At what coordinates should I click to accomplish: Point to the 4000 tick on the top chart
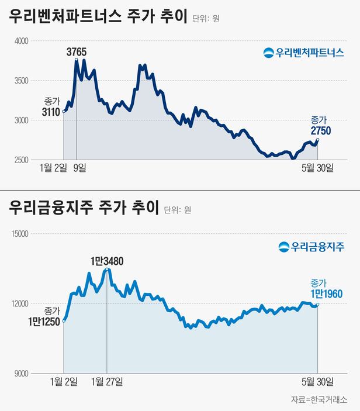pyautogui.click(x=20, y=41)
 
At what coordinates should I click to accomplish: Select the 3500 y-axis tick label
pyautogui.click(x=20, y=81)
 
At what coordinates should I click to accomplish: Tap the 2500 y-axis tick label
pyautogui.click(x=20, y=160)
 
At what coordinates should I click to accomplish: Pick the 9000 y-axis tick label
pyautogui.click(x=20, y=373)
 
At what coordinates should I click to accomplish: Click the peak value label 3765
pyautogui.click(x=77, y=52)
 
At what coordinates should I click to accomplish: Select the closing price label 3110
pyautogui.click(x=51, y=112)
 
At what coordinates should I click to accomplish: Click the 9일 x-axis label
pyautogui.click(x=80, y=168)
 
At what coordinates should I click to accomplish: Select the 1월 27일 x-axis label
pyautogui.click(x=108, y=382)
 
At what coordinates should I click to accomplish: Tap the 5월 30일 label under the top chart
pyautogui.click(x=317, y=168)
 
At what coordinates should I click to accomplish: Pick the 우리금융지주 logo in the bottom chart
pyautogui.click(x=311, y=246)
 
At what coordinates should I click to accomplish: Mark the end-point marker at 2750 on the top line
pyautogui.click(x=318, y=140)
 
